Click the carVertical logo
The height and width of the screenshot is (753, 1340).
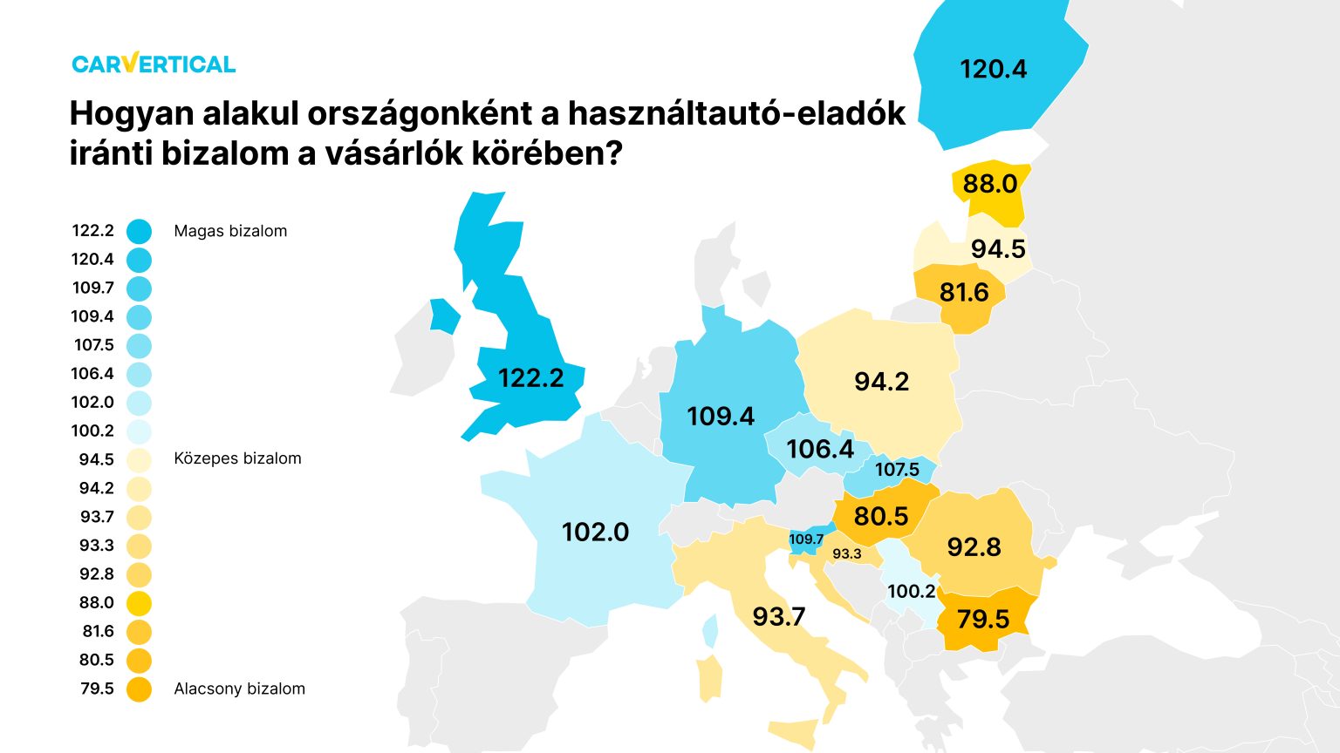point(154,64)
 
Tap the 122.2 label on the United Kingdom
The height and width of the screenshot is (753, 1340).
point(530,378)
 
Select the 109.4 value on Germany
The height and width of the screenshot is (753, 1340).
point(721,417)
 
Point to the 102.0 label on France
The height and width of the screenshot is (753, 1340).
point(595,532)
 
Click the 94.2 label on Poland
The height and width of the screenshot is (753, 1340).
point(881,382)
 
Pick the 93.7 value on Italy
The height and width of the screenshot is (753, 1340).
point(778,617)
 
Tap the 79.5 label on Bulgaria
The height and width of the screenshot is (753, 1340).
point(982,620)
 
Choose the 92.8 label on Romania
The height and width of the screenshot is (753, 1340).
point(974,547)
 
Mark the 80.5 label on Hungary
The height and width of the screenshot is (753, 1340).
point(881,516)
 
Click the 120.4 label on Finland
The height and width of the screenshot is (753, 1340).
point(993,69)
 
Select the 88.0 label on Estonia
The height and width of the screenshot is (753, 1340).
point(989,184)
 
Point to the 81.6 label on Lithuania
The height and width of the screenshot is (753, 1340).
point(964,292)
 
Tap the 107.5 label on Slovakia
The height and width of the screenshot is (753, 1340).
point(897,470)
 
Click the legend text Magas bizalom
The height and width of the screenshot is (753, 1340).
point(230,231)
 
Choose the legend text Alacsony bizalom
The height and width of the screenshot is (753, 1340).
point(239,689)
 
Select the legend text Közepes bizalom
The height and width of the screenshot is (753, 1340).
point(237,458)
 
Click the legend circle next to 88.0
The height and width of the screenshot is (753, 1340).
point(139,603)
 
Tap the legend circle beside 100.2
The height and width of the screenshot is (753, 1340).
point(139,431)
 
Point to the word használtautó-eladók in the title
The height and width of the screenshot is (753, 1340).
point(737,114)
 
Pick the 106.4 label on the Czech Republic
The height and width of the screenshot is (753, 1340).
point(819,449)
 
